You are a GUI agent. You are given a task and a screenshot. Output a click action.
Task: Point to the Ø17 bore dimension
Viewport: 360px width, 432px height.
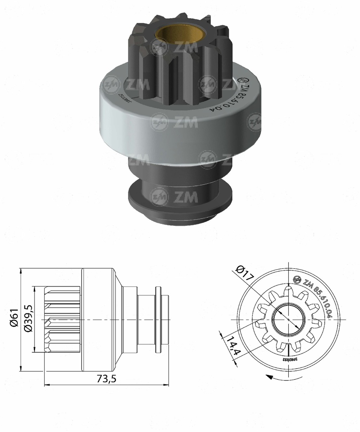(244, 274)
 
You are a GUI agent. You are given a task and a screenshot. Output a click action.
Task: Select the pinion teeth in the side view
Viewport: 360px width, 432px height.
(62, 319)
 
